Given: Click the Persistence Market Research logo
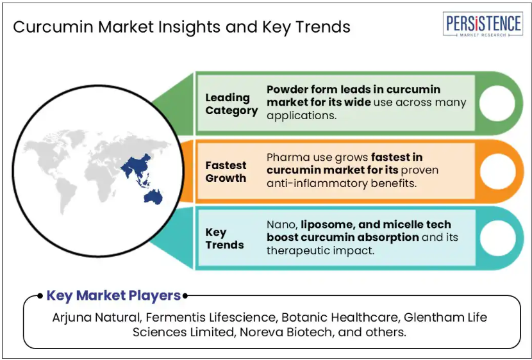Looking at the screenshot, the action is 483,24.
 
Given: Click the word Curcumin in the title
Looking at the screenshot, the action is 53,27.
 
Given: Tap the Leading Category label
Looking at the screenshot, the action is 231,104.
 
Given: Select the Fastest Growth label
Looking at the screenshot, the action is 226,172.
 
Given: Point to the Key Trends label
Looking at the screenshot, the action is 224,239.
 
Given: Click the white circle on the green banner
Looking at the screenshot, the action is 497,103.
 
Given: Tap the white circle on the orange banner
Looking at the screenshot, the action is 497,171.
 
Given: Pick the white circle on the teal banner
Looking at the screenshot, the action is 497,238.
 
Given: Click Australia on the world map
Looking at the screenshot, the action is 153,197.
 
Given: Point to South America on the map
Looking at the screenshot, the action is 65,195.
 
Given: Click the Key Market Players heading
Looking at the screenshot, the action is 113,295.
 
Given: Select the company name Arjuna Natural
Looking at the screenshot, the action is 96,318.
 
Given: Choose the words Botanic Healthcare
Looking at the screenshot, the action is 339,318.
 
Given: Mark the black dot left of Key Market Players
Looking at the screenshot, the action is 40,296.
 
